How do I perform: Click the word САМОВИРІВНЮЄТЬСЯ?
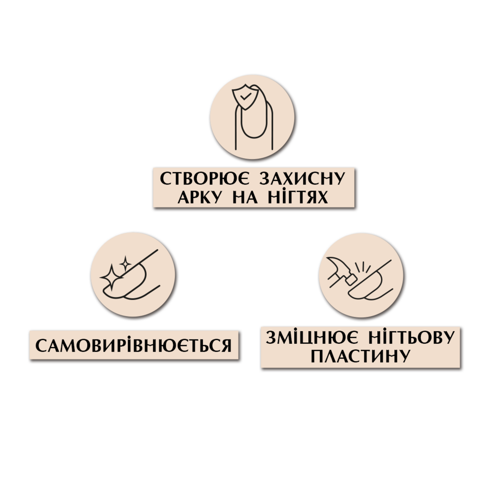[133, 345]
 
